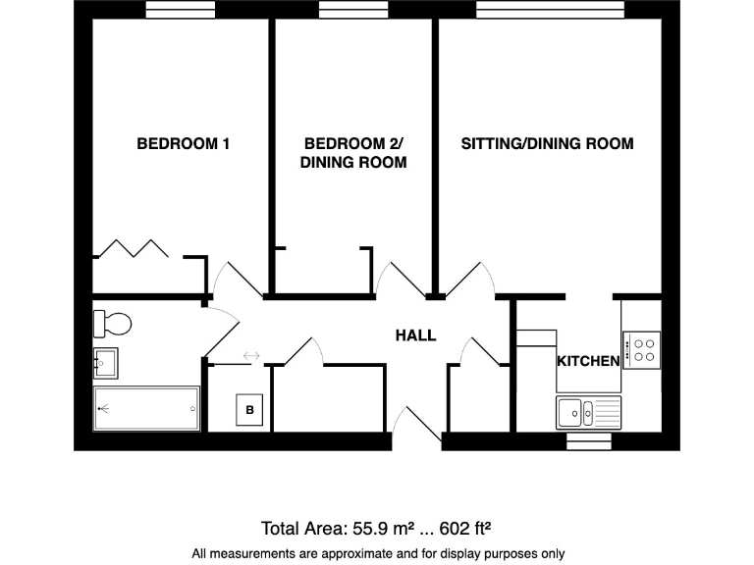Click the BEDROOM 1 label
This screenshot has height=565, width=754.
pos(183,143)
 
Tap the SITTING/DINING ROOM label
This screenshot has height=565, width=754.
pos(547,143)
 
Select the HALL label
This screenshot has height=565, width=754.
pos(415,335)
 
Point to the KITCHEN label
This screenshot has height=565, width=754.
pos(588,361)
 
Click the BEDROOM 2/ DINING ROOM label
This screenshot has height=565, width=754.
pos(353,153)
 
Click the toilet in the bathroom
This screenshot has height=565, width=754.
pos(111,322)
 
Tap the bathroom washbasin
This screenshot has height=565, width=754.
pos(105,362)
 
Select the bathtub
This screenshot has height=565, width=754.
pos(146,407)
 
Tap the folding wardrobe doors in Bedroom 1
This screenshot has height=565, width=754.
pos(136,247)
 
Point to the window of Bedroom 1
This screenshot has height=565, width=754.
pos(181,10)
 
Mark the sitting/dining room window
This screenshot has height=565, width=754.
pos(549,10)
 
